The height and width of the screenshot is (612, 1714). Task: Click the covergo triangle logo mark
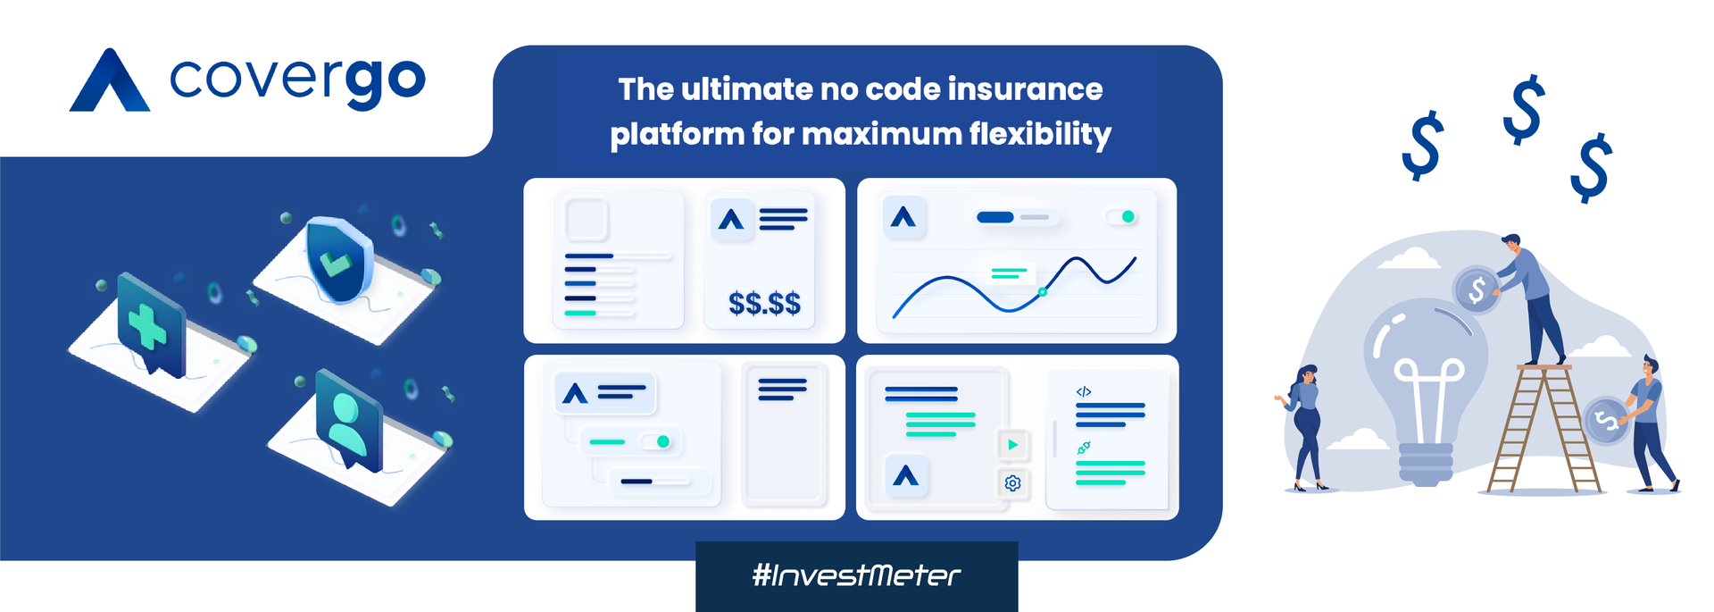click(x=109, y=82)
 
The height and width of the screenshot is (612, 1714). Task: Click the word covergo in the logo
click(x=297, y=81)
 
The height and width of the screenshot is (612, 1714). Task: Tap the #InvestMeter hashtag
click(x=856, y=574)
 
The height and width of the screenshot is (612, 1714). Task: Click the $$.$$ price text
click(x=764, y=304)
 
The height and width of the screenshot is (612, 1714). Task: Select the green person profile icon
click(x=346, y=421)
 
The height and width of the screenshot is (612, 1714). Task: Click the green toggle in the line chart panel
click(x=1121, y=216)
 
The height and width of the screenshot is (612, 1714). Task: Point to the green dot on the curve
click(x=1043, y=292)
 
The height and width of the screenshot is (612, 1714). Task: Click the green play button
click(x=1012, y=444)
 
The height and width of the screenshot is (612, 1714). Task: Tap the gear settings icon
click(x=1012, y=483)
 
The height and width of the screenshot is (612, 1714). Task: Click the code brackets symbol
click(x=1084, y=391)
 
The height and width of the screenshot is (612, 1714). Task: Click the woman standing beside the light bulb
click(x=1304, y=428)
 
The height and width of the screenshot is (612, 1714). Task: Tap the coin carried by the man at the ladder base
click(x=1606, y=420)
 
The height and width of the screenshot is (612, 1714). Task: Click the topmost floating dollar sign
click(x=1524, y=110)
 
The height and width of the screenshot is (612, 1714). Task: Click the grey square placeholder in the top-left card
click(x=587, y=220)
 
